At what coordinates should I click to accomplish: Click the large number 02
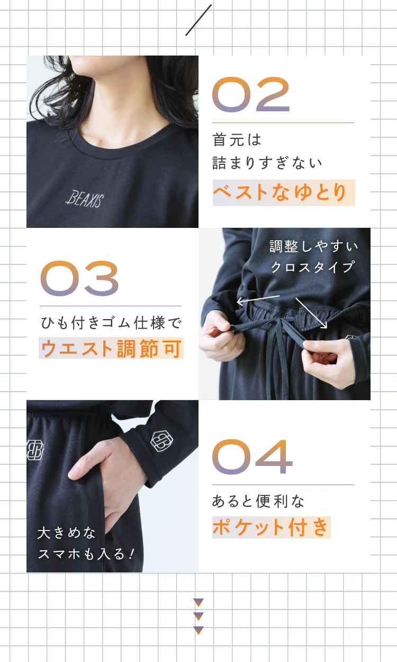click(x=251, y=95)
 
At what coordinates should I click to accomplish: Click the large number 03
click(x=79, y=278)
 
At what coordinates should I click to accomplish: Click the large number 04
click(x=252, y=457)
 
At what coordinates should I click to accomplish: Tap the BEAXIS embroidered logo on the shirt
click(x=85, y=199)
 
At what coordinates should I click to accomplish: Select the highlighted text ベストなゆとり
click(x=283, y=193)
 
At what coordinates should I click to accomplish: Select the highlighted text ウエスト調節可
click(x=111, y=348)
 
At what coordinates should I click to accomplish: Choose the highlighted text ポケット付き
click(x=271, y=527)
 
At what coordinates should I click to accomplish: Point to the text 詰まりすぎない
click(x=267, y=162)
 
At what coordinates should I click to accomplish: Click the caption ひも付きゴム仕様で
click(x=111, y=322)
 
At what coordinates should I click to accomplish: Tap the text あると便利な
click(x=258, y=501)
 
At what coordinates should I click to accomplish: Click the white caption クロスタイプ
click(x=312, y=267)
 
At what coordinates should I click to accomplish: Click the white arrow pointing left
click(x=258, y=300)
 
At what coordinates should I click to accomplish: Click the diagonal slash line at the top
click(x=198, y=20)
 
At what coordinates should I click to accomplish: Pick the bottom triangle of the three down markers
click(x=198, y=630)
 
